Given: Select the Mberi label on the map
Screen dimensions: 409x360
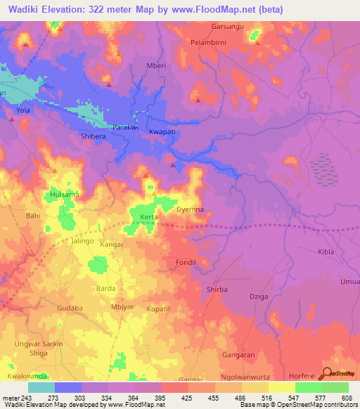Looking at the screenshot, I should (x=155, y=66).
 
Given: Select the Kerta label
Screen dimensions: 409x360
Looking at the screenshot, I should (x=148, y=217).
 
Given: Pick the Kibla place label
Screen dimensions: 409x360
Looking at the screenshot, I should (x=307, y=251).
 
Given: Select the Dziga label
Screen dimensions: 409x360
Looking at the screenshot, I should (x=258, y=297).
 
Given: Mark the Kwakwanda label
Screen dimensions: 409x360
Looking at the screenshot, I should (x=27, y=377).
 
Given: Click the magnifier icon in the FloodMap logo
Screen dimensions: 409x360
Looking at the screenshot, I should (x=326, y=374).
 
